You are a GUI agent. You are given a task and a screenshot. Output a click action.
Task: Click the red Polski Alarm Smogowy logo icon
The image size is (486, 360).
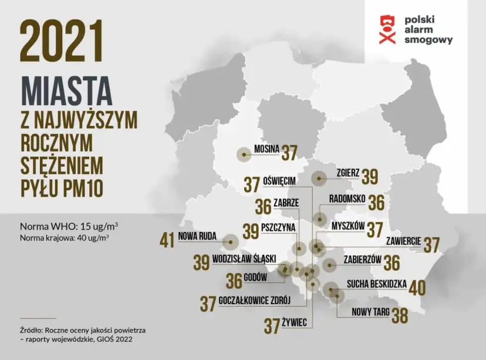tap(386, 29)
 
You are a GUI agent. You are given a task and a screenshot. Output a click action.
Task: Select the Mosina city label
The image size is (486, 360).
tap(266, 149)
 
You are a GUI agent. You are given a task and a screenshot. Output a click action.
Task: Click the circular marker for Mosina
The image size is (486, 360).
tap(243, 154)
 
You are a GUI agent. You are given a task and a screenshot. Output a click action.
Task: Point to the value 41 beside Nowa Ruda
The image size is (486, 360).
tap(167, 240)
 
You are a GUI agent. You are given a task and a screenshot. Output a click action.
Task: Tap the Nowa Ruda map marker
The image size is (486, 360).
tap(231, 240)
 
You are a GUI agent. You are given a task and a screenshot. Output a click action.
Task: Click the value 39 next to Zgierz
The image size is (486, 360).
tap(370, 177)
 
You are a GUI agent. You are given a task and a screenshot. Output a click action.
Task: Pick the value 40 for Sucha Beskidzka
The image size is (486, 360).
tap(417, 288)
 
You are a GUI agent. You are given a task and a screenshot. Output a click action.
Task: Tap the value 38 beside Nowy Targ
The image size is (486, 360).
tap(400, 315)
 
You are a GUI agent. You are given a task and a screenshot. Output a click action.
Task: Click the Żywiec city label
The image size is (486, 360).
tap(296, 322)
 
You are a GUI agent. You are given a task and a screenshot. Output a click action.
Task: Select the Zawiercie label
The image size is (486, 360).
tap(403, 241)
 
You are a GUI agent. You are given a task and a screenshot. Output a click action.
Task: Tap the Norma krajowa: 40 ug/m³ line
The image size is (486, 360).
tap(65, 238)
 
